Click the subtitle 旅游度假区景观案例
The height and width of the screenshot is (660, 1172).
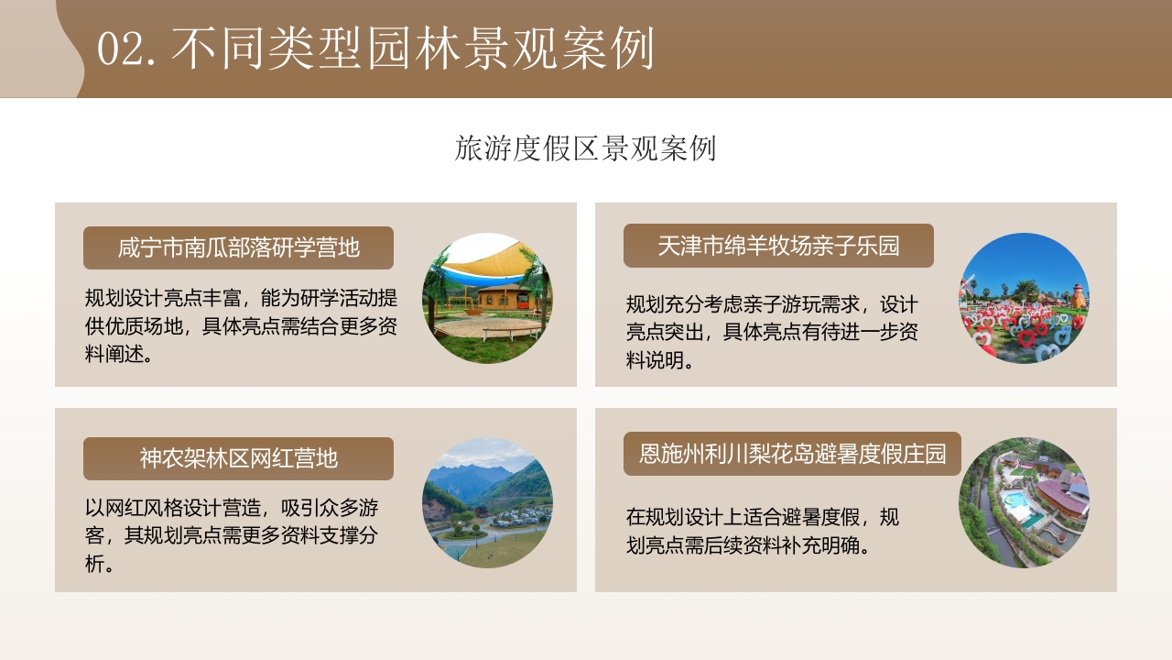coord(585,148)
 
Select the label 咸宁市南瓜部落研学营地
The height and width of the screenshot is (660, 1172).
coord(238,247)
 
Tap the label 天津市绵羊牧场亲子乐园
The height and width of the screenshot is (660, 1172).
coord(778,246)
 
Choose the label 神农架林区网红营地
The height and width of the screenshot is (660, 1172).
coord(238,458)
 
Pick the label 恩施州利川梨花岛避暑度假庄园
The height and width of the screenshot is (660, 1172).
coord(792,454)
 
